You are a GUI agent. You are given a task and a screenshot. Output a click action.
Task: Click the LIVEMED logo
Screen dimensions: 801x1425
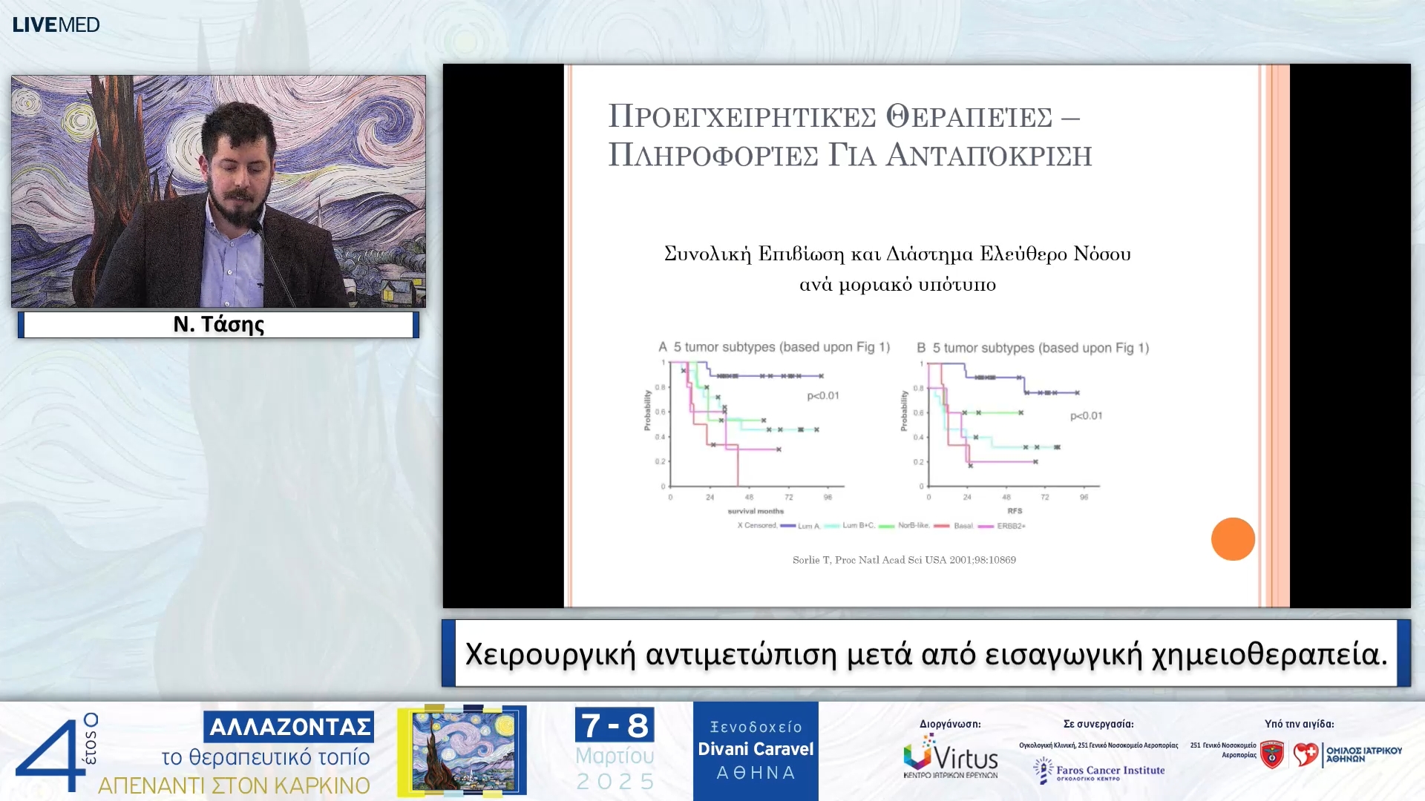click(56, 24)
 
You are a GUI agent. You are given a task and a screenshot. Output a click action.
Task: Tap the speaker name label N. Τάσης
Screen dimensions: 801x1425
click(218, 325)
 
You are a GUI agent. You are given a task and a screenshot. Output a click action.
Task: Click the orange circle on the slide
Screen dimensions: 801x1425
click(1233, 539)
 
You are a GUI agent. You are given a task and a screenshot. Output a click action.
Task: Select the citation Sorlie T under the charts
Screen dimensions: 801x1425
click(904, 560)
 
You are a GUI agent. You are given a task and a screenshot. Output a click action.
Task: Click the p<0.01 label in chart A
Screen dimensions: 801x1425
click(823, 396)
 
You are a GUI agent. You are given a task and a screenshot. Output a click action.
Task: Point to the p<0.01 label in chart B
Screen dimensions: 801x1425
click(1086, 416)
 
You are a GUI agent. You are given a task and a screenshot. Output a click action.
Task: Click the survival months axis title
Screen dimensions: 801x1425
click(756, 511)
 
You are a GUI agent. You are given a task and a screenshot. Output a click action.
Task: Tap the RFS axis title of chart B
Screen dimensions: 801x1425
click(1015, 511)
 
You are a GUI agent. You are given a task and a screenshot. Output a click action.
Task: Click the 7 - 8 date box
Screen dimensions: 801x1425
click(615, 725)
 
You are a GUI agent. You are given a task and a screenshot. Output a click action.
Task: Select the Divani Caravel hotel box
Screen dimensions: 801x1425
click(756, 751)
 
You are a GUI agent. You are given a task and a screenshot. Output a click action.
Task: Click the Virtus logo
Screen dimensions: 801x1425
click(951, 757)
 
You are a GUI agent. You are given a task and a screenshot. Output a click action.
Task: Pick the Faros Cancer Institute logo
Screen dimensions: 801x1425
click(1100, 771)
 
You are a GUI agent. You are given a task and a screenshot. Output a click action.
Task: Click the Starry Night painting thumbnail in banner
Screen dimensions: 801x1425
click(462, 751)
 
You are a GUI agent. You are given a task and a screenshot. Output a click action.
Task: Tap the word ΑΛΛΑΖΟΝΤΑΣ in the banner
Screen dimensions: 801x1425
click(289, 727)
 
